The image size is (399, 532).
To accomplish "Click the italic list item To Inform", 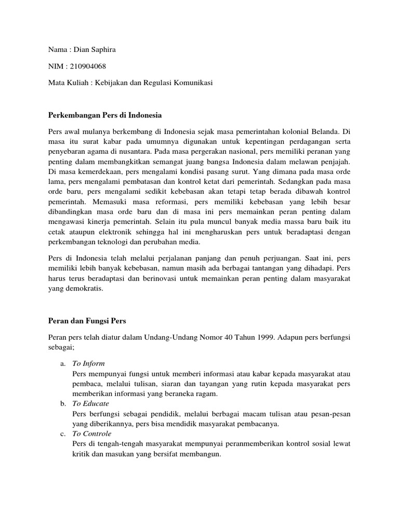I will click(89, 363).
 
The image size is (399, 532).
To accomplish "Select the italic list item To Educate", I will click(91, 403).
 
